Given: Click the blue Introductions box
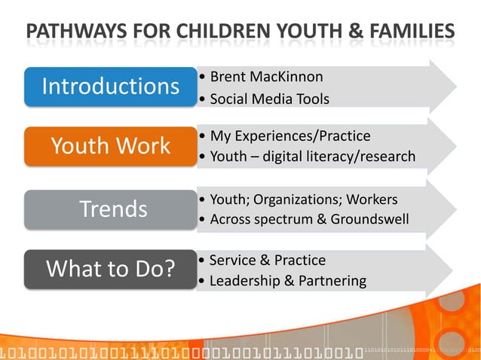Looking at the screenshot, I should [x=110, y=87].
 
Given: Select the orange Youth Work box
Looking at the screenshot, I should [x=110, y=145].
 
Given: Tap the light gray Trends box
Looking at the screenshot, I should [x=110, y=209].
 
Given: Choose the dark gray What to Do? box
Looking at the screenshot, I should [x=110, y=269].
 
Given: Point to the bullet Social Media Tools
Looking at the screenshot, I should [x=269, y=99].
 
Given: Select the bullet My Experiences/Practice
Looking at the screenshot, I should [x=290, y=136].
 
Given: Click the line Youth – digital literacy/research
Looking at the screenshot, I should [x=312, y=157].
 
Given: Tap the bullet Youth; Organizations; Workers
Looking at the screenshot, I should [x=303, y=200].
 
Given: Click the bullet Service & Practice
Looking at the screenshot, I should [x=267, y=260].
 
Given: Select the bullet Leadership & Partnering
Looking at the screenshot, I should [x=287, y=281].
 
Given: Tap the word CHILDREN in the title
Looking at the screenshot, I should [x=214, y=32].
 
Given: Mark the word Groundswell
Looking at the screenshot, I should [x=372, y=220].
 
